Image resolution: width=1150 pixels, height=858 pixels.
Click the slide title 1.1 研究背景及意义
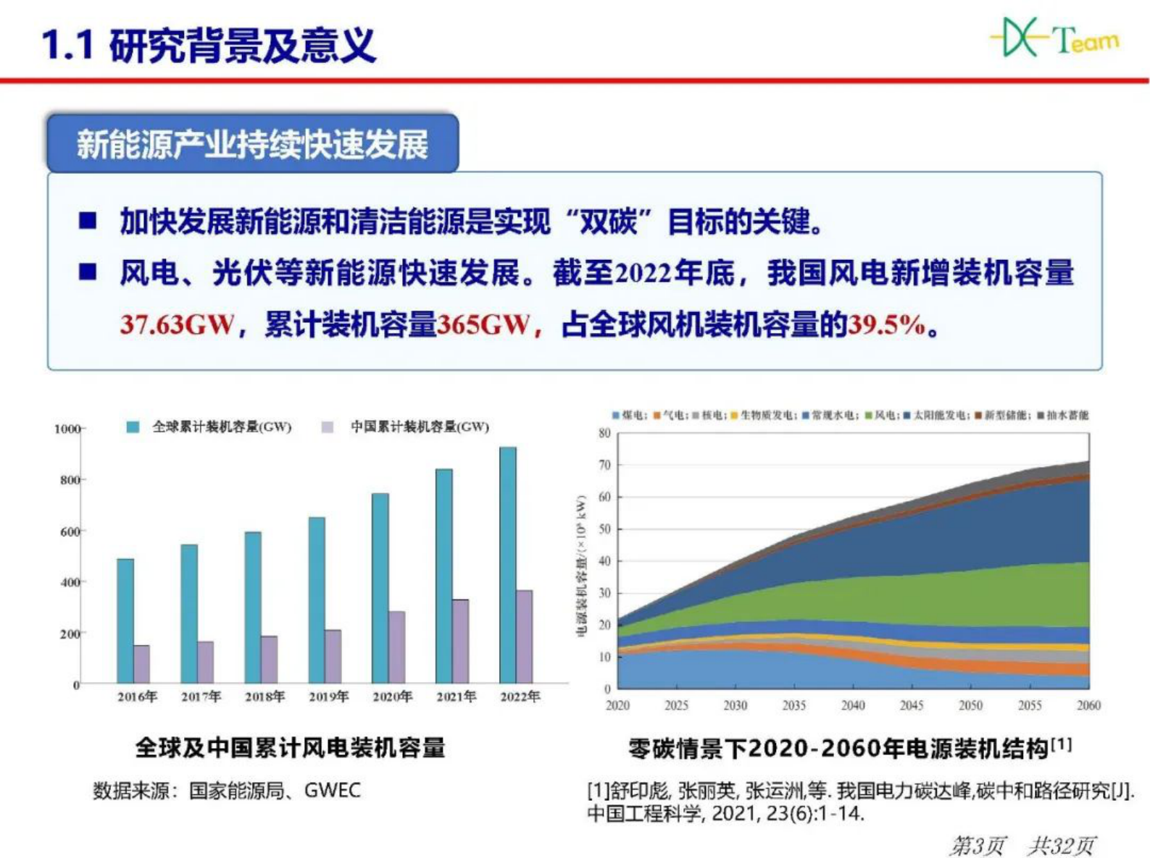[209, 45]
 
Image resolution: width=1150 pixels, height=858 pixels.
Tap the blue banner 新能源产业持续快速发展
[252, 144]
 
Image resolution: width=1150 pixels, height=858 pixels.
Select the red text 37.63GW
[177, 324]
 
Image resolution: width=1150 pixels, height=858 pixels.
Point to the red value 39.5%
[887, 324]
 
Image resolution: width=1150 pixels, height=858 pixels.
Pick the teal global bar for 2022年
[508, 565]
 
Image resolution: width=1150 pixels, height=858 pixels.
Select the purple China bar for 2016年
[142, 664]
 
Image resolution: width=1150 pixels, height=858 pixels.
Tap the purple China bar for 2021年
[461, 641]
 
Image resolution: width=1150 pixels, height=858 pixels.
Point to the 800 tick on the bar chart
[70, 480]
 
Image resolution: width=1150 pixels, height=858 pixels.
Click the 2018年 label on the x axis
[264, 697]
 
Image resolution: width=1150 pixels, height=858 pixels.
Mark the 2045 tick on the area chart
[912, 705]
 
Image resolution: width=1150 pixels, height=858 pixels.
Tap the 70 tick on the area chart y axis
[604, 465]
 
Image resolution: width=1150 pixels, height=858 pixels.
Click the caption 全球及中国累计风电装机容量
[290, 747]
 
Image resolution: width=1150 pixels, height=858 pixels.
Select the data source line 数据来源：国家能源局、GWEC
[227, 790]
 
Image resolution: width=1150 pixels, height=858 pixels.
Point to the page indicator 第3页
[978, 844]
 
